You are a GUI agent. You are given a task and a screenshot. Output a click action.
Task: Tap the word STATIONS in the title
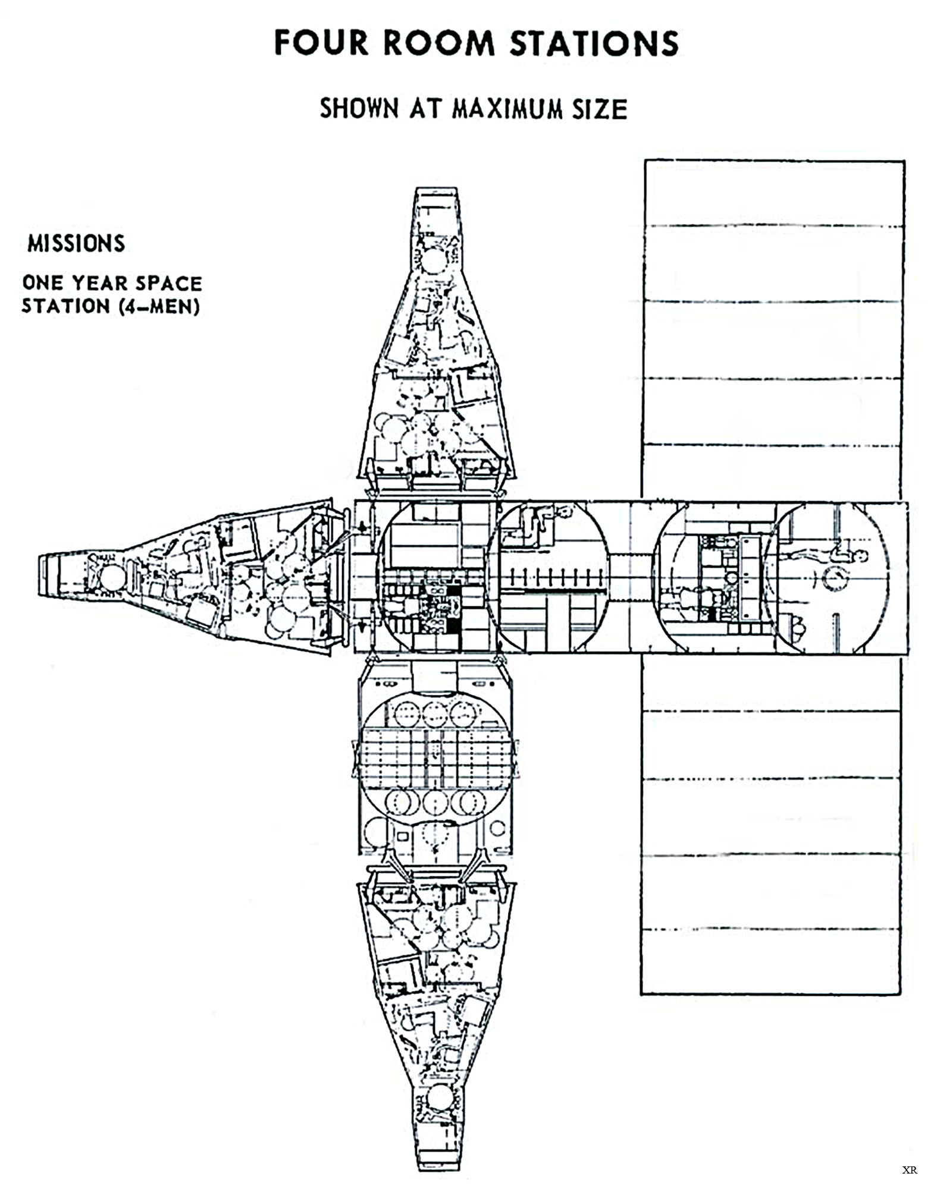pos(594,43)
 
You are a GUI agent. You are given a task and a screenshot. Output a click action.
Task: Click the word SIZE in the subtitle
pos(600,109)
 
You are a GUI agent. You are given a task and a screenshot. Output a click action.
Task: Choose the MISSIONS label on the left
pos(76,244)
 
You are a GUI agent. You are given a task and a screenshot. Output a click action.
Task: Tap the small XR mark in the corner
pos(910,1170)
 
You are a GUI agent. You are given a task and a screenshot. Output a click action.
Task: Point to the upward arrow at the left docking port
pos(361,526)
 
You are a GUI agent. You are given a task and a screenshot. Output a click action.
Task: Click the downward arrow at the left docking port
pos(361,625)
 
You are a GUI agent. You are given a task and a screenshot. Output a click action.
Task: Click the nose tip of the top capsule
pos(437,189)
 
